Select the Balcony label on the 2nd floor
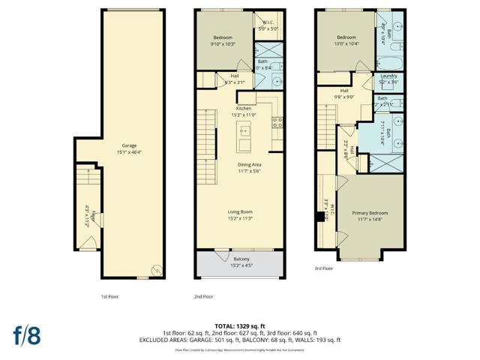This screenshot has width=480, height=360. pyautogui.click(x=240, y=259)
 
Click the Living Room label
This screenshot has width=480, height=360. pyautogui.click(x=240, y=212)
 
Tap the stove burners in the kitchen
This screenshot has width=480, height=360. pyautogui.click(x=277, y=122)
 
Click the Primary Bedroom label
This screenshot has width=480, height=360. pyautogui.click(x=370, y=213)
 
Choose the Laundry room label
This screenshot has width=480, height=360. pyautogui.click(x=388, y=75)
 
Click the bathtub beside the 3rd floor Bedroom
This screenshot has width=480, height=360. pyautogui.click(x=388, y=61)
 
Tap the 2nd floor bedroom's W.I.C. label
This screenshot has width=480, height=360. pyautogui.click(x=267, y=23)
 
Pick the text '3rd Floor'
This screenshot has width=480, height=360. pyautogui.click(x=323, y=267)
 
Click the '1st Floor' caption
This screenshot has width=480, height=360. pyautogui.click(x=109, y=296)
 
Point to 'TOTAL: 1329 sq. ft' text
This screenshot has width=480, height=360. pyautogui.click(x=240, y=326)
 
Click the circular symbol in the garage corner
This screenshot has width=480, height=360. pyautogui.click(x=155, y=270)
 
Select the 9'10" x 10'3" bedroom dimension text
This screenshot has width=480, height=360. pyautogui.click(x=223, y=43)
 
